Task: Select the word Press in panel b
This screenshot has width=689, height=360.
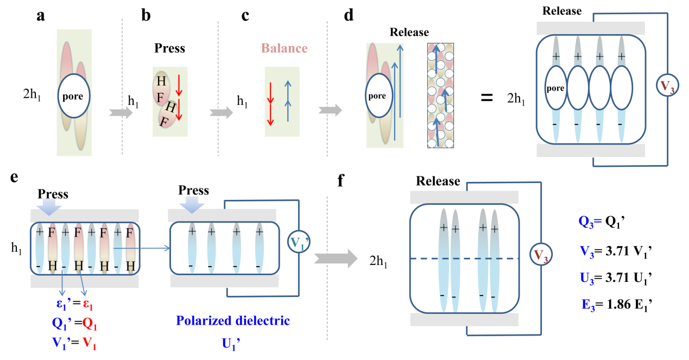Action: tap(169, 48)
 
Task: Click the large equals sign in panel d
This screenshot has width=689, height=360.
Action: tap(487, 98)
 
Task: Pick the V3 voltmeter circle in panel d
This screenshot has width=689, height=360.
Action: tap(667, 87)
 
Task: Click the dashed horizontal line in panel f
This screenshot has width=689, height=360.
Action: tap(465, 259)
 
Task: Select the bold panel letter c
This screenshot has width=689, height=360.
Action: tap(245, 16)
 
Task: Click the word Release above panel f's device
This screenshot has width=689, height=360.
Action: tap(438, 181)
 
